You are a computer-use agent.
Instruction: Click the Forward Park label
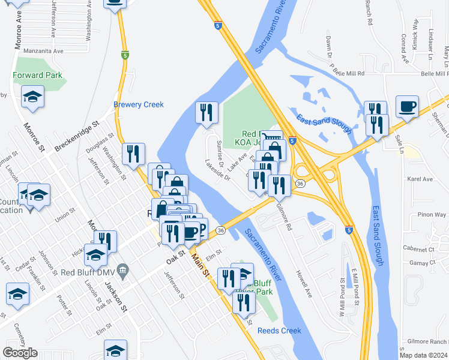pos(37,76)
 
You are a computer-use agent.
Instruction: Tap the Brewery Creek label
pos(139,105)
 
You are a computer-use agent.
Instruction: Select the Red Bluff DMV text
pos(89,271)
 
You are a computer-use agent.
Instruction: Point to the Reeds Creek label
pos(279,331)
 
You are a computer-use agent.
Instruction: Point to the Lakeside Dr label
pos(217,169)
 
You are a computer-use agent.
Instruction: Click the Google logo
pos(20,353)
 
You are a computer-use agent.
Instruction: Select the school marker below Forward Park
pos(32,97)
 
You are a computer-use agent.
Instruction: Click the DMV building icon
pos(123,271)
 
